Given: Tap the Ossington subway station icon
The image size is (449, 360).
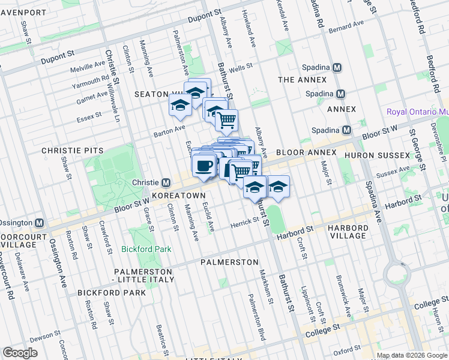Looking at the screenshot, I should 39,223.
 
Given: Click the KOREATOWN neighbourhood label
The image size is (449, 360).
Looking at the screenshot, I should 179,196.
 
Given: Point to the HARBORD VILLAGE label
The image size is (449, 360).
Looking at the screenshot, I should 349,232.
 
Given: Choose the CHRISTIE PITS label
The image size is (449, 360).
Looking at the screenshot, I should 72,151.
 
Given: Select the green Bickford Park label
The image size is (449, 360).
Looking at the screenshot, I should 146,249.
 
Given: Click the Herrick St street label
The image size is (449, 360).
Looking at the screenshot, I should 244,222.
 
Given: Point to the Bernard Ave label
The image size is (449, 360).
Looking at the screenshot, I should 346,26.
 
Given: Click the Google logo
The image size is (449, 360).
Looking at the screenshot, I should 20,353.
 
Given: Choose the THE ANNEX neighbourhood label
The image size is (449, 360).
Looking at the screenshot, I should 303,80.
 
